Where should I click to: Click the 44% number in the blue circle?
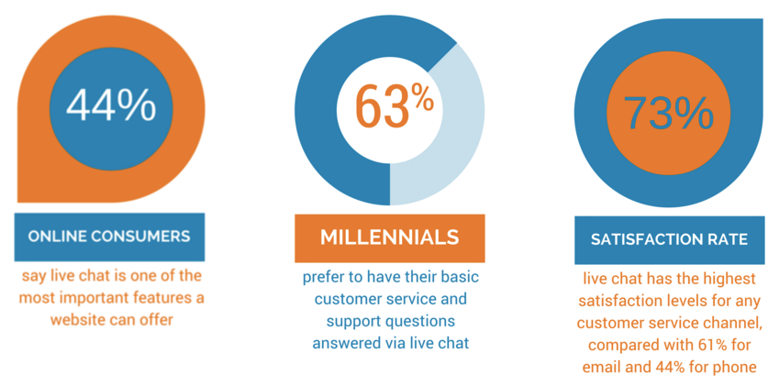pos(111,105)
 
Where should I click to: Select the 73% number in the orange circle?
pos(668,113)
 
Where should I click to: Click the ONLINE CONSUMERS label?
pos(109,237)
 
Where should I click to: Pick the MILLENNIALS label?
pos(389,237)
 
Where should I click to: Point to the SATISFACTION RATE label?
pos(669,239)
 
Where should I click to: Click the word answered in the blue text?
pos(343,343)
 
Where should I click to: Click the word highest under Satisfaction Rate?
pos(729,279)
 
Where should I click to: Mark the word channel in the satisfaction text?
pos(729,323)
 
